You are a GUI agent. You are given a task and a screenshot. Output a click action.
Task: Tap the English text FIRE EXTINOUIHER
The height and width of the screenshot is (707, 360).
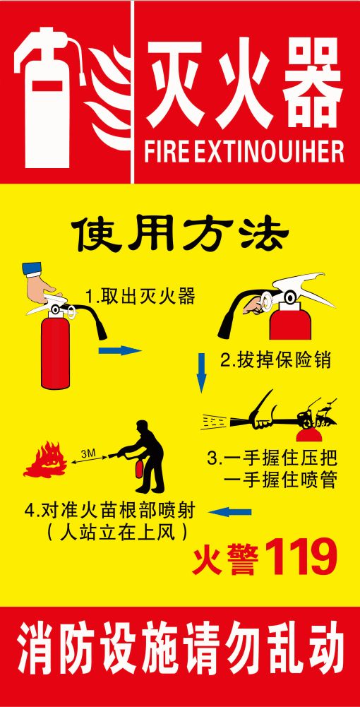(x=244, y=151)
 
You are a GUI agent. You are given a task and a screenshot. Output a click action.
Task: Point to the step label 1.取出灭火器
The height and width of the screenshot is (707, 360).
(x=140, y=297)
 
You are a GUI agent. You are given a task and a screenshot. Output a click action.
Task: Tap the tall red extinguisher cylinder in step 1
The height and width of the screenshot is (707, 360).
(x=56, y=352)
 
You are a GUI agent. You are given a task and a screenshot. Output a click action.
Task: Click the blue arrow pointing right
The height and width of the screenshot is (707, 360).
(x=120, y=350)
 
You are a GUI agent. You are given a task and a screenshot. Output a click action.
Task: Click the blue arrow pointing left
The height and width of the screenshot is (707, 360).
(x=230, y=511)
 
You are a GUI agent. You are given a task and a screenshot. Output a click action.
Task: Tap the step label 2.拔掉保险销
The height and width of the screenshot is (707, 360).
(x=275, y=360)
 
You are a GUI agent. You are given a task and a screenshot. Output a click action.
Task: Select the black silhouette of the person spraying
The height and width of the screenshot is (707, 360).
(x=140, y=456)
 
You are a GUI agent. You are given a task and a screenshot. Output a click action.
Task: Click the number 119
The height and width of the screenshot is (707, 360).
(x=301, y=557)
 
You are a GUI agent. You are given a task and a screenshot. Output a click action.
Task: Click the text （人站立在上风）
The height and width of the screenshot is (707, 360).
(x=116, y=534)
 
